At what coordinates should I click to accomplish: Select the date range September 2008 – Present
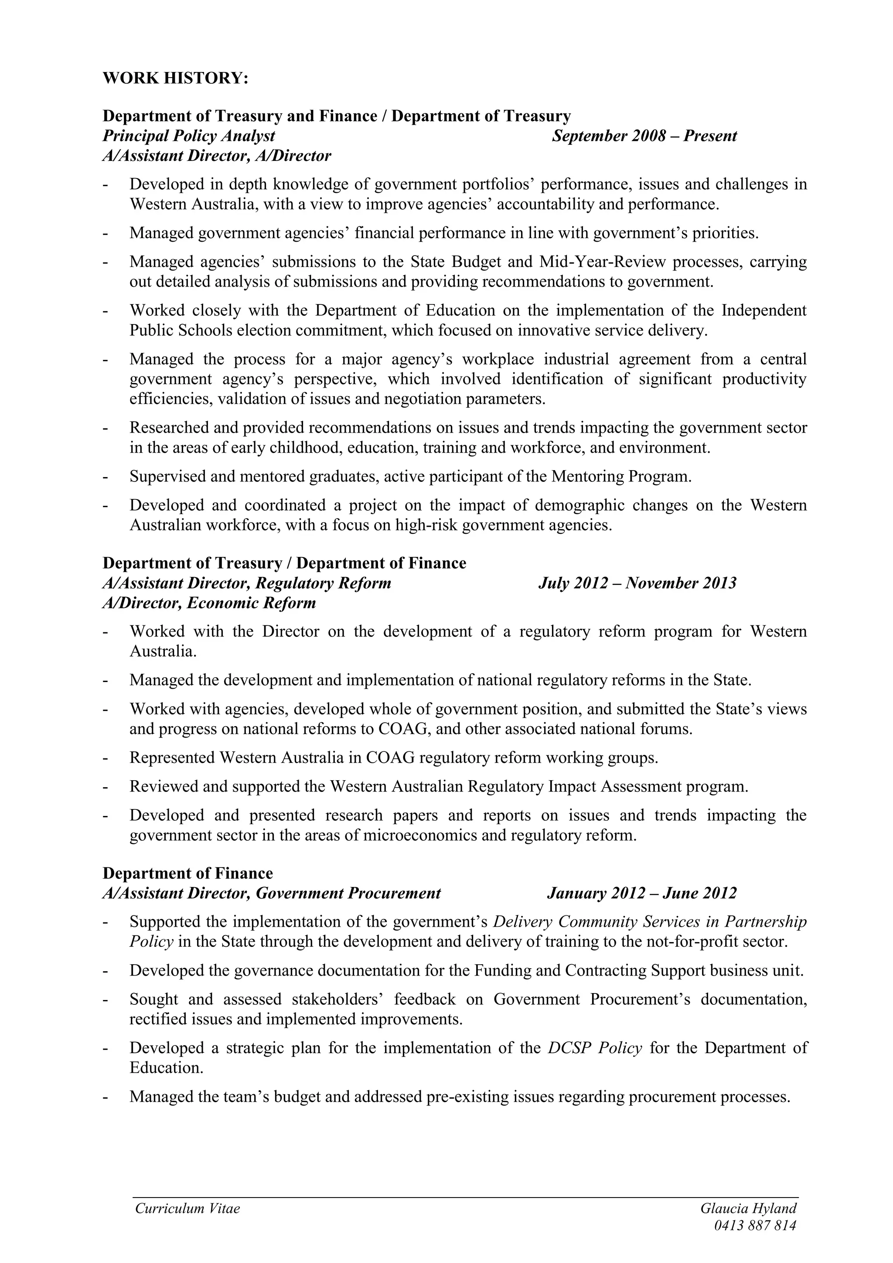click(644, 136)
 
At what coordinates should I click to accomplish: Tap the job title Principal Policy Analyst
click(189, 136)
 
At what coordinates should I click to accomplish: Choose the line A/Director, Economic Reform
click(209, 603)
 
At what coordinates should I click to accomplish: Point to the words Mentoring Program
click(620, 476)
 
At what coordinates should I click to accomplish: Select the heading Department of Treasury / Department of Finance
click(284, 563)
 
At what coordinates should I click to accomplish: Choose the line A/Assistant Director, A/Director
click(217, 156)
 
